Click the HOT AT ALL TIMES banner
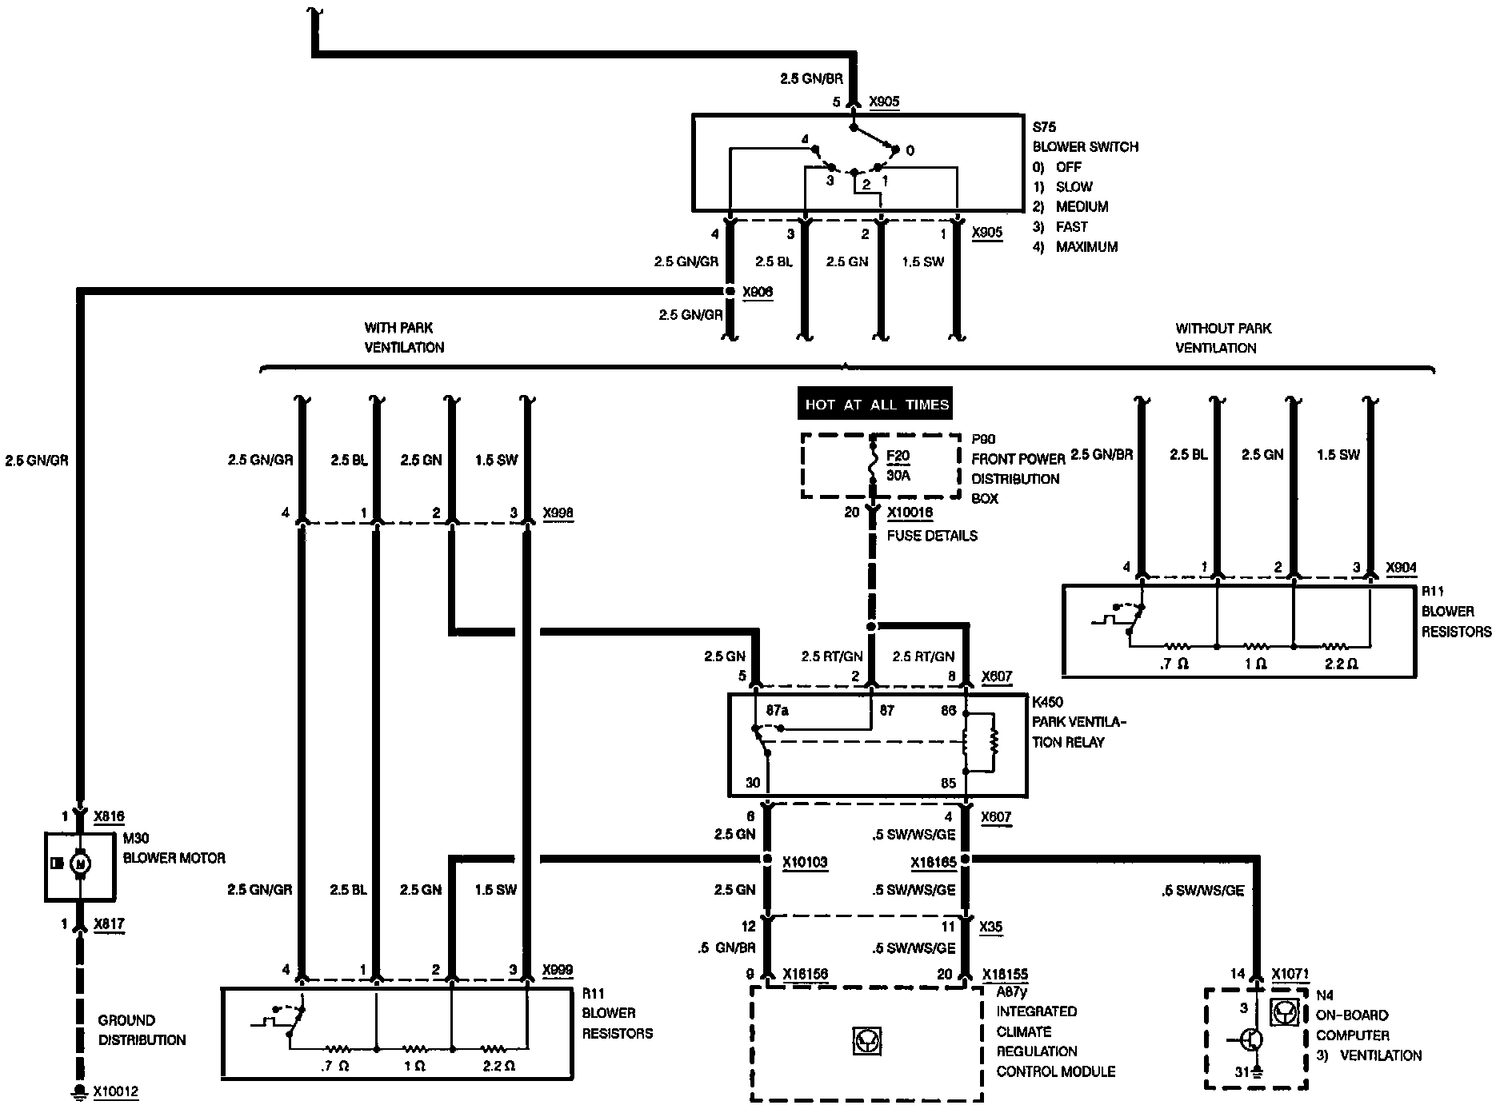(x=876, y=405)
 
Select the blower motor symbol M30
(x=79, y=863)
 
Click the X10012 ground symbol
(x=79, y=1092)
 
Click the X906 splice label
(x=758, y=293)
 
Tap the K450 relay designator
(x=1048, y=703)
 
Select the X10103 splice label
(x=805, y=863)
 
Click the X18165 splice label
(x=934, y=863)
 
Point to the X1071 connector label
(x=1290, y=975)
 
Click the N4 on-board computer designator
(x=1325, y=996)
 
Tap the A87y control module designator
(x=1011, y=992)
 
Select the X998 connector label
(x=558, y=513)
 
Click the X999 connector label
(x=557, y=971)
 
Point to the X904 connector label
(x=1401, y=568)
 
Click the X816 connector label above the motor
(x=109, y=816)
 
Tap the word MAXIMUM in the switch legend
(x=1086, y=247)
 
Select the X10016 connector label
(x=910, y=513)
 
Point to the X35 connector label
(x=991, y=927)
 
